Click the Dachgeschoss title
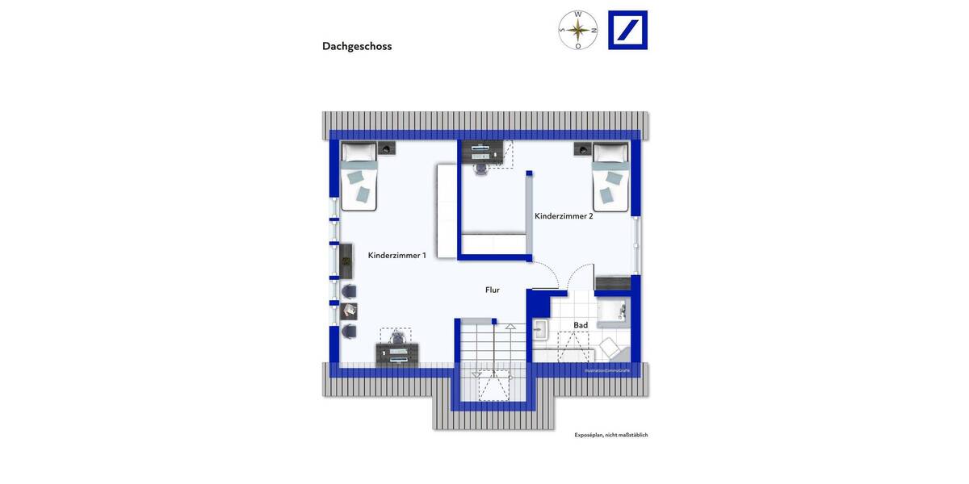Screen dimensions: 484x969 pyautogui.click(x=357, y=47)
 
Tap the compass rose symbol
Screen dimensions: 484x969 pyautogui.click(x=578, y=31)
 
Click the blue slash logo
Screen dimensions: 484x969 pyautogui.click(x=627, y=31)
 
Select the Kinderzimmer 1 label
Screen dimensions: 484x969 pyautogui.click(x=396, y=255)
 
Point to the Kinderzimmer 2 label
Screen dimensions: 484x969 pyautogui.click(x=564, y=215)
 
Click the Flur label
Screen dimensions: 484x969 pyautogui.click(x=493, y=290)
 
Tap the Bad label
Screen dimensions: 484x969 pyautogui.click(x=581, y=325)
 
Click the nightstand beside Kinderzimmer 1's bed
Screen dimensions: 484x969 pyautogui.click(x=388, y=148)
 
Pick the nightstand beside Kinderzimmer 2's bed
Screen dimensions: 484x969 pyautogui.click(x=582, y=148)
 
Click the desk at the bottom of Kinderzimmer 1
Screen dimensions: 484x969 pyautogui.click(x=397, y=353)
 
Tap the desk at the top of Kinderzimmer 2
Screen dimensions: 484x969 pyautogui.click(x=482, y=150)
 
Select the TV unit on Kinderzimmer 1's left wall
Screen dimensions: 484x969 pyautogui.click(x=346, y=261)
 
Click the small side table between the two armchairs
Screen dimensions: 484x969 pyautogui.click(x=349, y=311)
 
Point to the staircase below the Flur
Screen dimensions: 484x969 pyautogui.click(x=492, y=355)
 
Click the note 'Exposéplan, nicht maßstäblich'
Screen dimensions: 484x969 pyautogui.click(x=610, y=435)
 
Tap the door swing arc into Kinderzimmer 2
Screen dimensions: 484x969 pyautogui.click(x=547, y=274)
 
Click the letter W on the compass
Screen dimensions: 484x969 pyautogui.click(x=578, y=15)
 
